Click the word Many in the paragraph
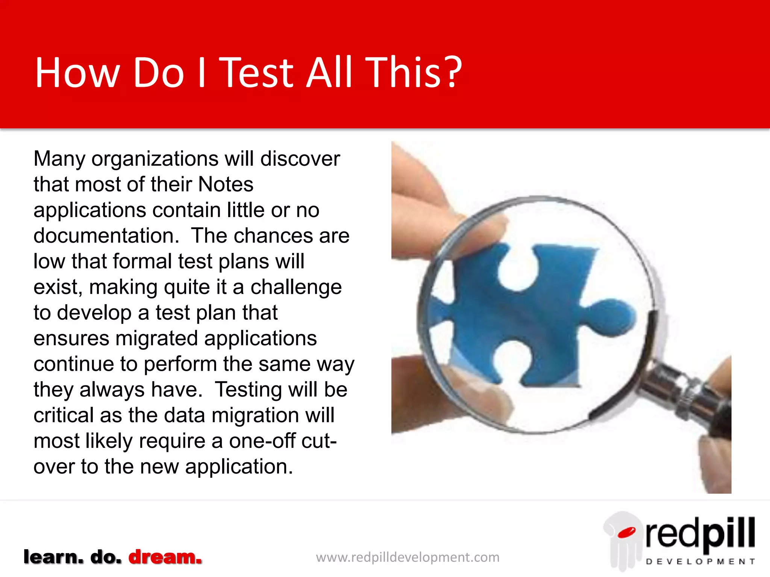click(59, 159)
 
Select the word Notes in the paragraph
click(226, 184)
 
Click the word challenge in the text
click(296, 287)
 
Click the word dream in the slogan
click(165, 557)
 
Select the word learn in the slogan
click(53, 557)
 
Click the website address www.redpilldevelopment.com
click(408, 557)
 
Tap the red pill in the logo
click(626, 532)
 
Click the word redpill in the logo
click(700, 533)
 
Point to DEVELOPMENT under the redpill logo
click(700, 562)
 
